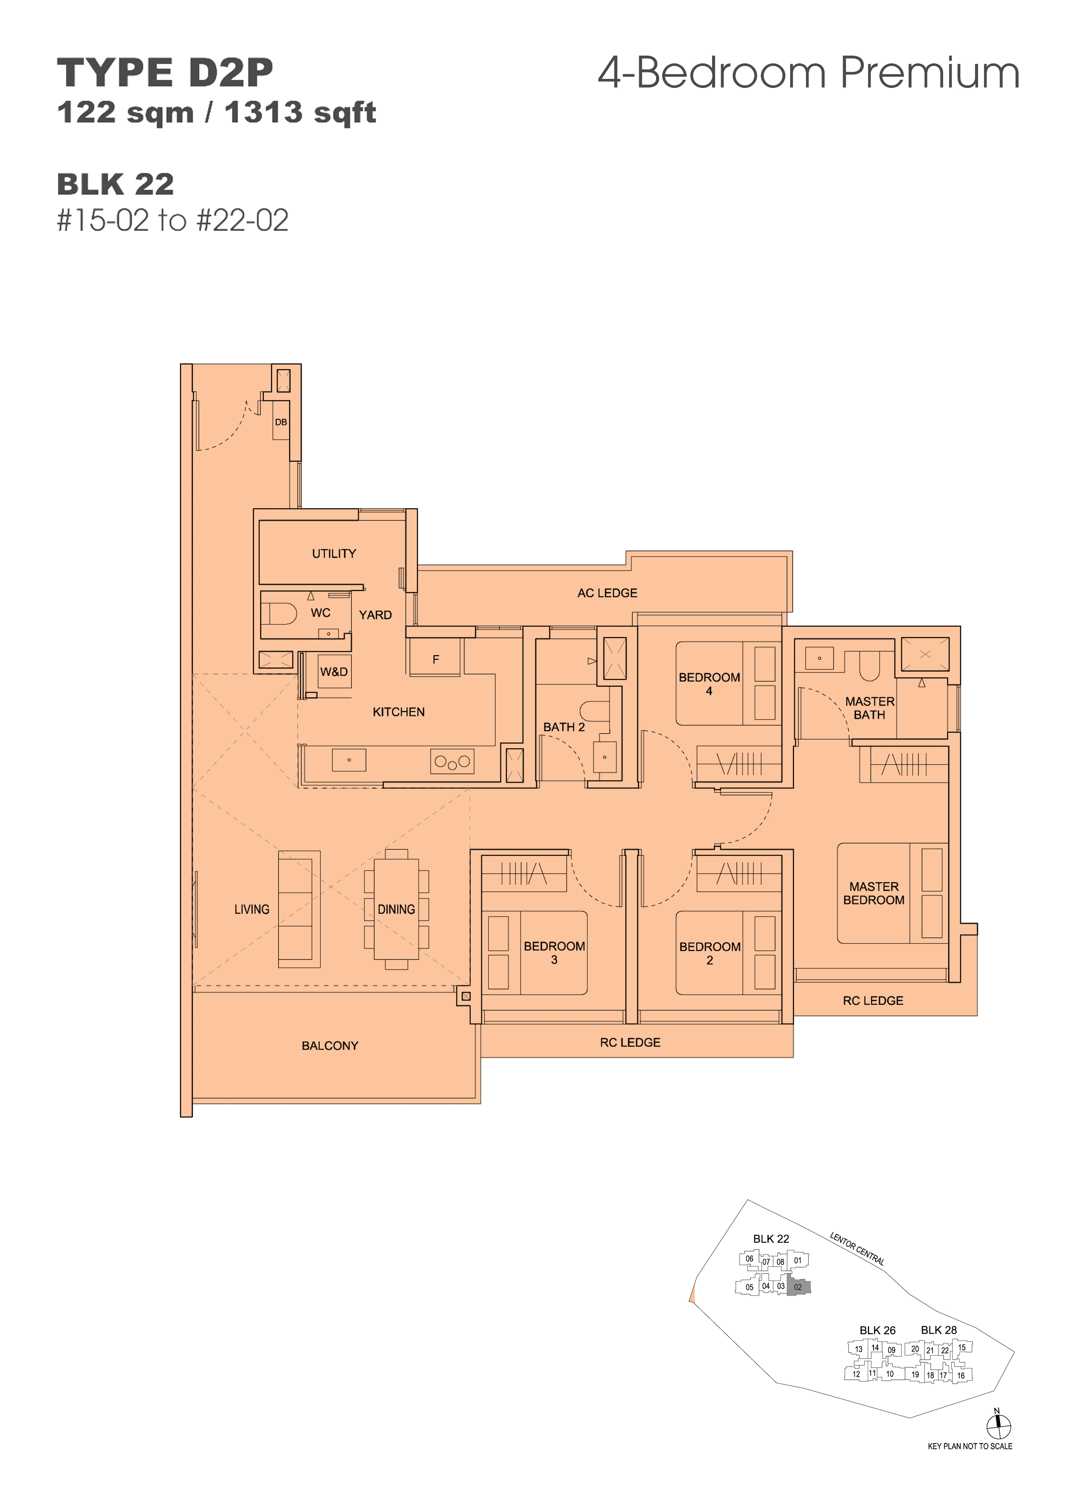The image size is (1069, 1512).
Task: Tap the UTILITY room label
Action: (x=334, y=554)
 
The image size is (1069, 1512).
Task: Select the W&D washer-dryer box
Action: (x=334, y=672)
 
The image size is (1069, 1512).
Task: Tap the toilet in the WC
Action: (x=279, y=613)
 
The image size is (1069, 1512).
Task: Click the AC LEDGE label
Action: (x=607, y=594)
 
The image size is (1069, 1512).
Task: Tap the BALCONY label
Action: (x=330, y=1046)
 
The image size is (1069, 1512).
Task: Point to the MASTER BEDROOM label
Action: (x=873, y=893)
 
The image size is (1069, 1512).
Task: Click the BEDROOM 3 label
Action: (x=555, y=953)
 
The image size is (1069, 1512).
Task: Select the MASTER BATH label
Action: (x=869, y=708)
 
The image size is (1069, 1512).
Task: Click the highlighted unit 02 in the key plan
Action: (x=798, y=1287)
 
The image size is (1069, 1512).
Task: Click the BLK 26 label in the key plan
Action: (x=877, y=1330)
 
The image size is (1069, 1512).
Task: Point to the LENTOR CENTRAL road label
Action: (x=857, y=1249)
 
